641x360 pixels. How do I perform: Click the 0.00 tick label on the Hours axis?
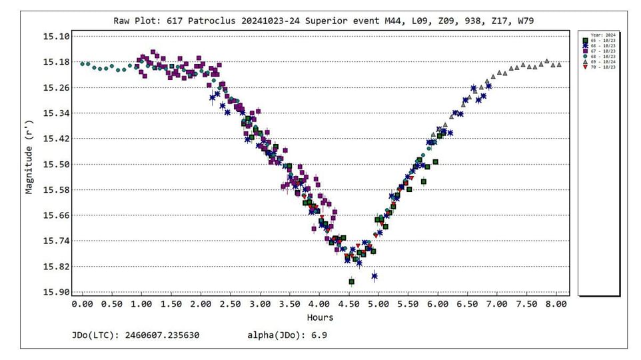coord(83,304)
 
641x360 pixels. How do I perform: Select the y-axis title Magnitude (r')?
coord(29,157)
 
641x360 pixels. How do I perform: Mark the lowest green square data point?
coord(352,282)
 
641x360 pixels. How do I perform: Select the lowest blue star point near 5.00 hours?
coord(374,276)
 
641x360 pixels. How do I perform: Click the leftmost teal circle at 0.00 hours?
coord(83,64)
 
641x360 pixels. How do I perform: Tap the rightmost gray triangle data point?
coord(558,65)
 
